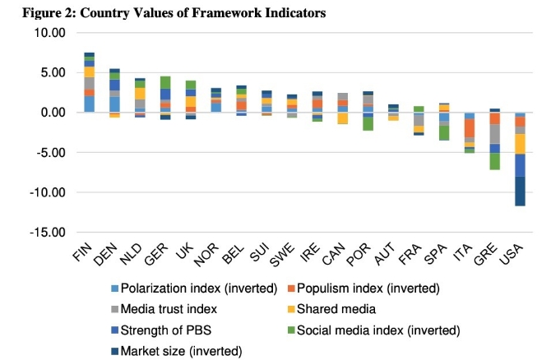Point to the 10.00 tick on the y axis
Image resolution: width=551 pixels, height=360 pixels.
47,33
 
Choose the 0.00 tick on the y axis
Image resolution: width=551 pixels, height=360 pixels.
49,113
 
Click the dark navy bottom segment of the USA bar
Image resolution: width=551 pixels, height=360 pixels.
520,192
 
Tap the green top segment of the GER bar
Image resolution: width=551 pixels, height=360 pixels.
165,82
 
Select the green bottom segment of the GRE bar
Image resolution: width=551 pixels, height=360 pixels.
494,161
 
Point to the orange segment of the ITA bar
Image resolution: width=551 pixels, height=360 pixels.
470,128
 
